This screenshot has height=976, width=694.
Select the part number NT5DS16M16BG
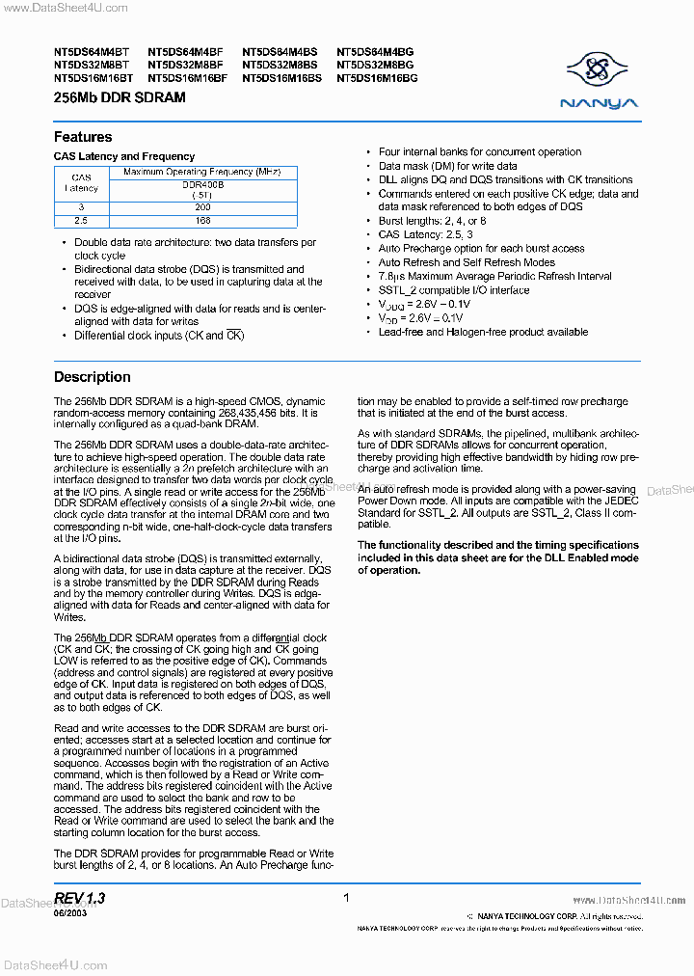click(x=378, y=77)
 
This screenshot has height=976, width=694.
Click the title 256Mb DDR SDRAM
click(x=120, y=98)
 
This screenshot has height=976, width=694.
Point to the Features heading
click(x=83, y=137)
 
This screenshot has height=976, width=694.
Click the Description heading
click(x=92, y=377)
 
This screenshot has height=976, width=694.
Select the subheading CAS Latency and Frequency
click(x=124, y=156)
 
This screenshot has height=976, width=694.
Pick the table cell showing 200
click(x=201, y=207)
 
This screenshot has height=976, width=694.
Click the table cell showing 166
click(x=201, y=221)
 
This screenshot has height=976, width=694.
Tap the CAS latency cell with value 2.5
click(x=82, y=221)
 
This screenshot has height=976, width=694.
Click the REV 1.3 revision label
click(x=80, y=898)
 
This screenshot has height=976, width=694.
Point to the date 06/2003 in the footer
click(x=70, y=913)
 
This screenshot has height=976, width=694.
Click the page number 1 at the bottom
click(x=346, y=898)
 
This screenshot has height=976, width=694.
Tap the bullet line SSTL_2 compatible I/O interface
click(x=453, y=290)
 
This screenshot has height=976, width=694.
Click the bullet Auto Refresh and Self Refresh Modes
click(x=467, y=262)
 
